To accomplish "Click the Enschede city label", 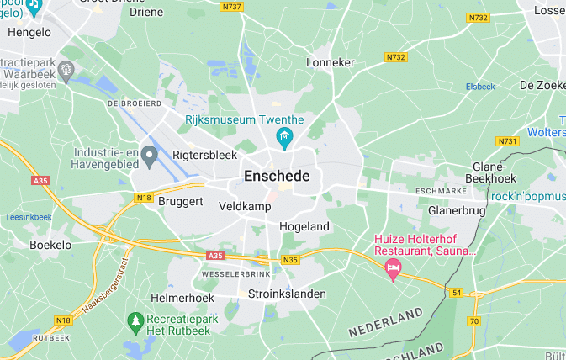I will point(277,177).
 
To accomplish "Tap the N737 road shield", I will point(231,7).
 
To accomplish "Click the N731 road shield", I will point(507,141).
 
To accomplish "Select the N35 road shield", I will point(291,260).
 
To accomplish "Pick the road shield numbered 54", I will point(457,292).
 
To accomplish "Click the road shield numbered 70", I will point(474,321).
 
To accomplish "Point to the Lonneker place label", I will point(331,62).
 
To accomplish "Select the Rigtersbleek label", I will point(204,155).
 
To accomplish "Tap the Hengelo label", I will point(29,32).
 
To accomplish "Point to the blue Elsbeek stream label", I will point(480,87).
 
